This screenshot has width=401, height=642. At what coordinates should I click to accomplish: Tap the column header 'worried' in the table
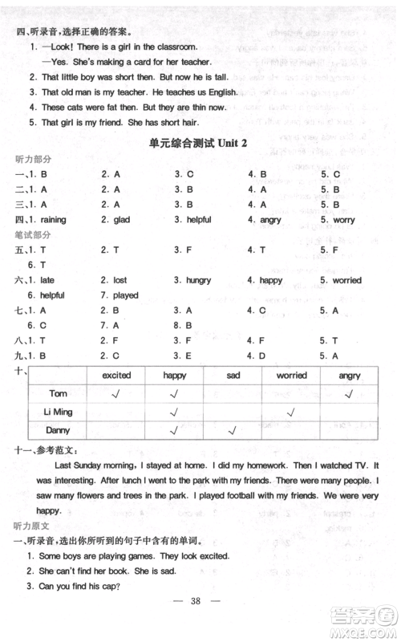291,376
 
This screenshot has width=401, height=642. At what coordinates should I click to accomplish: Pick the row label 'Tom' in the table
59,393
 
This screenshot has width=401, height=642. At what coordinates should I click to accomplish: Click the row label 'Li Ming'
59,412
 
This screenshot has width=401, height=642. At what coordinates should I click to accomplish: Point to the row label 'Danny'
59,431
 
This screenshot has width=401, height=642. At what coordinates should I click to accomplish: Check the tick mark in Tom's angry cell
350,394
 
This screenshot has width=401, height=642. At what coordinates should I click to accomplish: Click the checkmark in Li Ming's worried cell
291,412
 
